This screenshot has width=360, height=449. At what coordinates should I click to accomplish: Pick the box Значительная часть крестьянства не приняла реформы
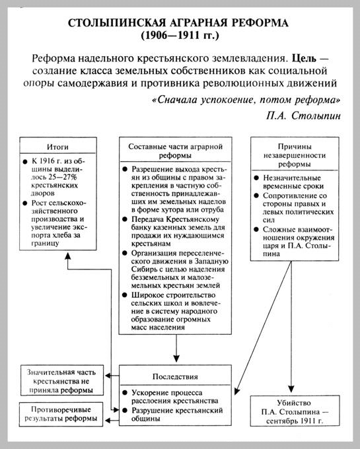(x=57, y=380)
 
